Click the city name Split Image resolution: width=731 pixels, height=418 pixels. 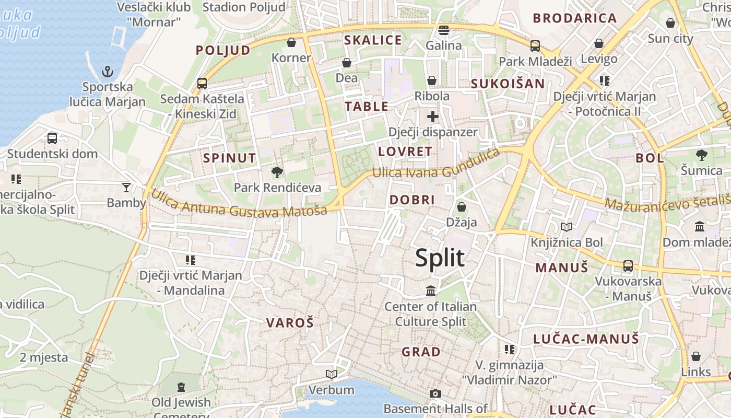440,258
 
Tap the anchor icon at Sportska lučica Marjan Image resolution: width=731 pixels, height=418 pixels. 108,71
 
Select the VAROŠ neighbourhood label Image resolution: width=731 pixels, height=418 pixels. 290,323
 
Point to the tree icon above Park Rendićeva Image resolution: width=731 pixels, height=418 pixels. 277,171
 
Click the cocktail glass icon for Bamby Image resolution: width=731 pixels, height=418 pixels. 126,187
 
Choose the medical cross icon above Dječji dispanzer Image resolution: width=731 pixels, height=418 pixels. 432,117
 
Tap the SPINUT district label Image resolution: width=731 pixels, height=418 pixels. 229,158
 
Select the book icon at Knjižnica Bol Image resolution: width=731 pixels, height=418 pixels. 567,227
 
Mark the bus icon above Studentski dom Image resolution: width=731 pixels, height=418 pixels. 52,138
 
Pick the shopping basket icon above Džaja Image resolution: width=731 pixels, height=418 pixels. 461,207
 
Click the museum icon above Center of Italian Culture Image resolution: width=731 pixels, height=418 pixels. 431,291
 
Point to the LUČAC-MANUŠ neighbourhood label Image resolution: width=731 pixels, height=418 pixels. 586,339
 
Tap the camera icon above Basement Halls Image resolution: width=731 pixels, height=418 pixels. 435,393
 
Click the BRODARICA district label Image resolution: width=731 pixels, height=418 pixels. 575,18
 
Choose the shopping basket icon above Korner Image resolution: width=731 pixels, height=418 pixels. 291,42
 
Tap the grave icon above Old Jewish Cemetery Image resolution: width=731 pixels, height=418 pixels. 181,387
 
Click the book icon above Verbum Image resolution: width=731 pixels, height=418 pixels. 331,374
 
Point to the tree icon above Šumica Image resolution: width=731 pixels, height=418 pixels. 701,155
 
